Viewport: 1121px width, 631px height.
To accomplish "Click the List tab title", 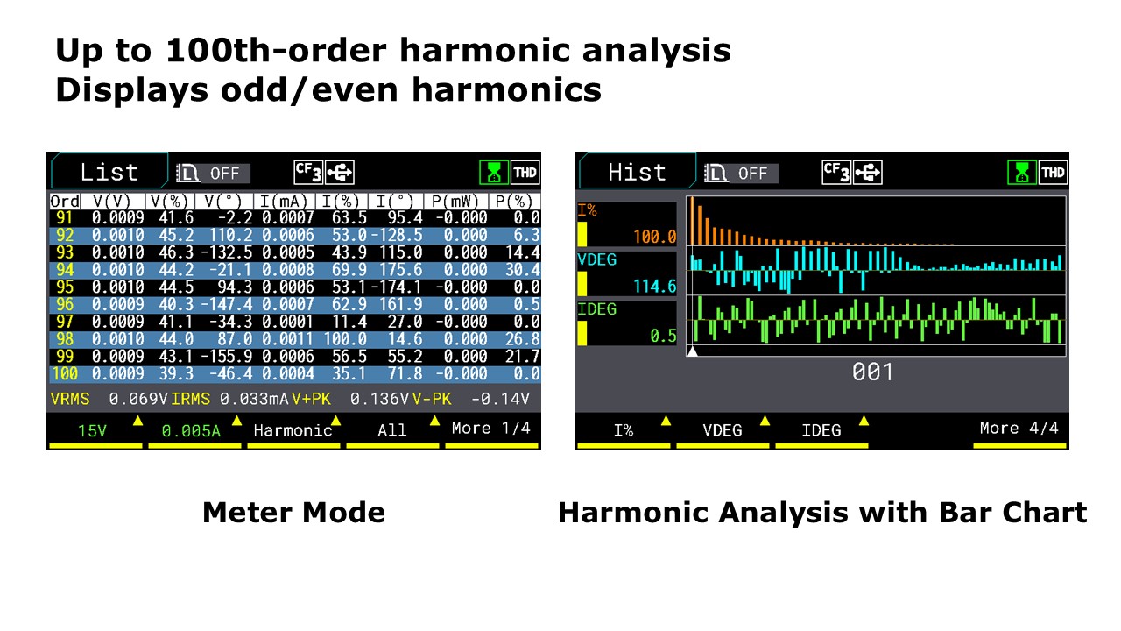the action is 109,173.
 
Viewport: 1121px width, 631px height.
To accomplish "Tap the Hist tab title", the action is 637,173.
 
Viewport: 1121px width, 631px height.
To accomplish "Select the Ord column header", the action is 65,202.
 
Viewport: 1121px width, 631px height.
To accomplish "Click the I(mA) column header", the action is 284,202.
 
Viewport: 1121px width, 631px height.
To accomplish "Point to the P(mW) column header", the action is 455,202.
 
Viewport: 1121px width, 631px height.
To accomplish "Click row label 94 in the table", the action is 65,270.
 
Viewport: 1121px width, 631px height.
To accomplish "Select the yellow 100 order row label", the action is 65,374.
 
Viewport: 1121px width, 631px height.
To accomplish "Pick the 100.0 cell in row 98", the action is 345,339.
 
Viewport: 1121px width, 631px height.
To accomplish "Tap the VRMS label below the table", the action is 70,399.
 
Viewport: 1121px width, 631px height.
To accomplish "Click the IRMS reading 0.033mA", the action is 254,399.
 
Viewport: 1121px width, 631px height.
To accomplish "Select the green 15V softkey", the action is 92,430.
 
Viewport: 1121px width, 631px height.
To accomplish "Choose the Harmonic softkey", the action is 293,430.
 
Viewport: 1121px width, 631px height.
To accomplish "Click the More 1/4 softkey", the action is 491,429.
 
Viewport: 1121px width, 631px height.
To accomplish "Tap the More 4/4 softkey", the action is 1019,429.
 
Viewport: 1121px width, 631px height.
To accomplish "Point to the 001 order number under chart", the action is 872,372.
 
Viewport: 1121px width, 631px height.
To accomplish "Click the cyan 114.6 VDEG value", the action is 654,287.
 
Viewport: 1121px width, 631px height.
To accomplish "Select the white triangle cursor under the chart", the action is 692,351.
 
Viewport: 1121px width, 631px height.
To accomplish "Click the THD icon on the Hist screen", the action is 1053,173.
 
